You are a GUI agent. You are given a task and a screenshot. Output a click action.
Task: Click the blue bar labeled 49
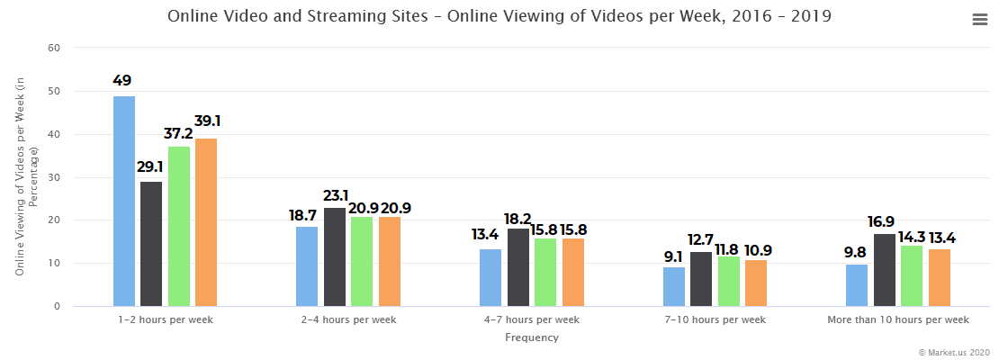click(x=124, y=202)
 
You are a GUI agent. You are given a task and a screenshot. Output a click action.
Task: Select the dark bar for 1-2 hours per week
click(x=151, y=244)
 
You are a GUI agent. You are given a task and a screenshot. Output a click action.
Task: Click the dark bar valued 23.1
click(x=335, y=257)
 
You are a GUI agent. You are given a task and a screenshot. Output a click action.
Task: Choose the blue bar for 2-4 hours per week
click(x=307, y=266)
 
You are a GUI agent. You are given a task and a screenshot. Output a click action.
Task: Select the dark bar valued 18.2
click(x=518, y=267)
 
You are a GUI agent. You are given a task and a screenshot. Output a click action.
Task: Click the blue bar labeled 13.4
click(x=490, y=278)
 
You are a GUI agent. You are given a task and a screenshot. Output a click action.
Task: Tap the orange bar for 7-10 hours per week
click(x=756, y=283)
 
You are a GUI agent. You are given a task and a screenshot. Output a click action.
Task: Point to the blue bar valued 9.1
click(x=674, y=287)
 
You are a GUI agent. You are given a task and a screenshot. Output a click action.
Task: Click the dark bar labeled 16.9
click(x=885, y=270)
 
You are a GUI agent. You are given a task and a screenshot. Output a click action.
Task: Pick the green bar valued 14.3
click(x=913, y=276)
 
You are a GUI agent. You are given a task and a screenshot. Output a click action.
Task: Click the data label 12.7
click(x=701, y=240)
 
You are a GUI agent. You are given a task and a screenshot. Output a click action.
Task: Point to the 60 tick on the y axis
click(x=53, y=48)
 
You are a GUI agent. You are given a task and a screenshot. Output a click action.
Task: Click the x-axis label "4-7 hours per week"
click(x=531, y=320)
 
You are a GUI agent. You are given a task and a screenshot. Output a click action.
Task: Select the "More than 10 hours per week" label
click(x=898, y=320)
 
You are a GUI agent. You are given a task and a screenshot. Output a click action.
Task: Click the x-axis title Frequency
click(x=531, y=338)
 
